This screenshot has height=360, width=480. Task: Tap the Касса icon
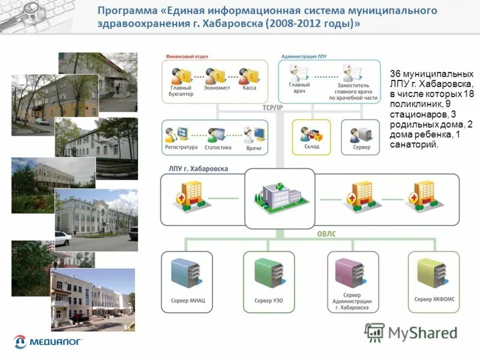(248, 76)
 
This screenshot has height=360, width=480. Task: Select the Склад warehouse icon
(311, 134)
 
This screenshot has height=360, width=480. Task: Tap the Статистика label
(217, 147)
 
